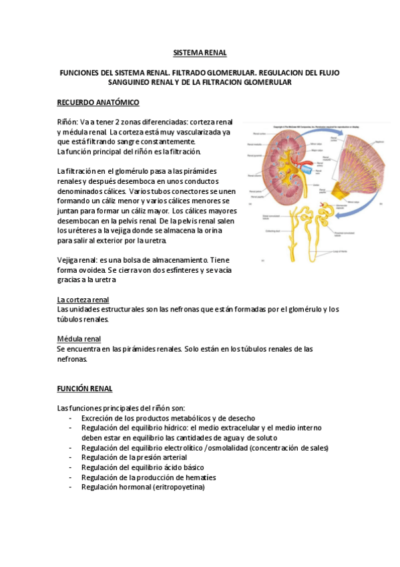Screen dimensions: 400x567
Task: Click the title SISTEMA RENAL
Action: click(200, 51)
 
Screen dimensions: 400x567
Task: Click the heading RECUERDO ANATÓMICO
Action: click(97, 102)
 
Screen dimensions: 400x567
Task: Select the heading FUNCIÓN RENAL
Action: click(84, 388)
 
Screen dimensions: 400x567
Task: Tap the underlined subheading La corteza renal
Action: click(83, 300)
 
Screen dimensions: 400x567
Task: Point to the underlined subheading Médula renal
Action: click(79, 339)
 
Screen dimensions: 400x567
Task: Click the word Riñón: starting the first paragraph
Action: click(67, 122)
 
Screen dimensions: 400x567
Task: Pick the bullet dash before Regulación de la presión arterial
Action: click(71, 457)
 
